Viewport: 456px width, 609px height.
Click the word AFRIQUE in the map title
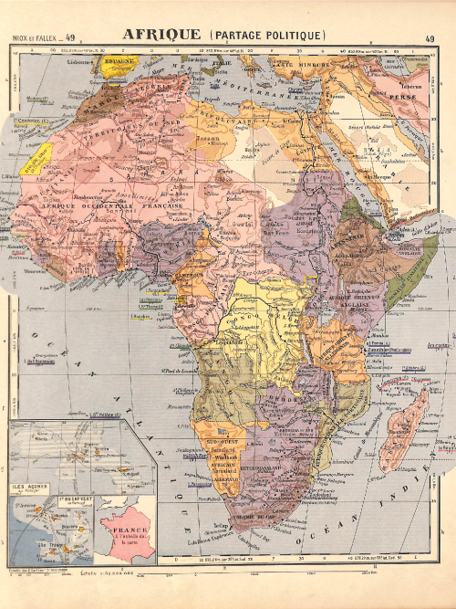click(x=161, y=35)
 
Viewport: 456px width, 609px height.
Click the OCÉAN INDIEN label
click(x=392, y=511)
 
